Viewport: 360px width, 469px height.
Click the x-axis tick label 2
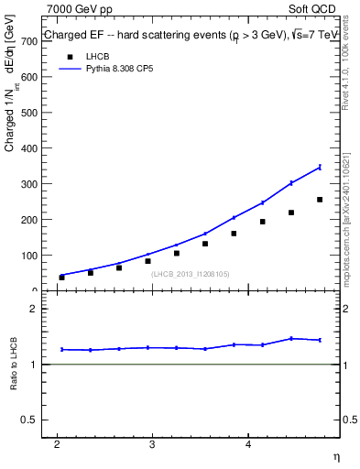tap(57, 445)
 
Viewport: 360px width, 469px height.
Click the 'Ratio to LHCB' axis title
tap(14, 365)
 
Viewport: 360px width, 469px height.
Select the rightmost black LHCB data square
tap(320, 200)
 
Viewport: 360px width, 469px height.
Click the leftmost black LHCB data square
tap(61, 277)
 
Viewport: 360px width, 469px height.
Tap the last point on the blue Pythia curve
tap(320, 167)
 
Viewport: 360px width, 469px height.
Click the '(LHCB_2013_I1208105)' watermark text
tap(190, 273)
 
